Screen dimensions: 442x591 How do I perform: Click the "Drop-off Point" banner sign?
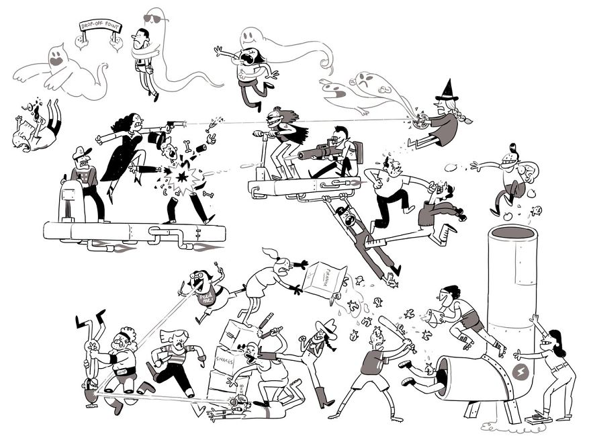click(98, 28)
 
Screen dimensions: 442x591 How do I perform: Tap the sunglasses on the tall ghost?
click(156, 18)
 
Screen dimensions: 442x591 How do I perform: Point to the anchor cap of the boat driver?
click(80, 152)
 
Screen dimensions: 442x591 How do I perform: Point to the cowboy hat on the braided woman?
click(326, 328)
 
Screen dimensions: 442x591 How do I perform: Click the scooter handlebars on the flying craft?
click(264, 134)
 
